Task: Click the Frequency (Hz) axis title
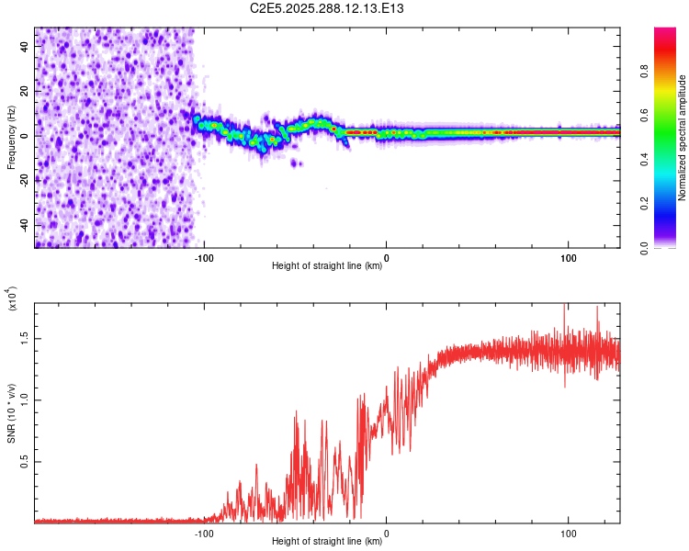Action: point(11,137)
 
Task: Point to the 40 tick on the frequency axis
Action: point(25,47)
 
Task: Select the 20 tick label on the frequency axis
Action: point(25,92)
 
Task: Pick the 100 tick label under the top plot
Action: point(569,257)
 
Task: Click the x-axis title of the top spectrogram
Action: point(327,266)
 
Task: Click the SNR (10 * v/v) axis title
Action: point(11,410)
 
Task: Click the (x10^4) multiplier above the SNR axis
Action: point(13,300)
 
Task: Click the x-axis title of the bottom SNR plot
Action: point(327,542)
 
